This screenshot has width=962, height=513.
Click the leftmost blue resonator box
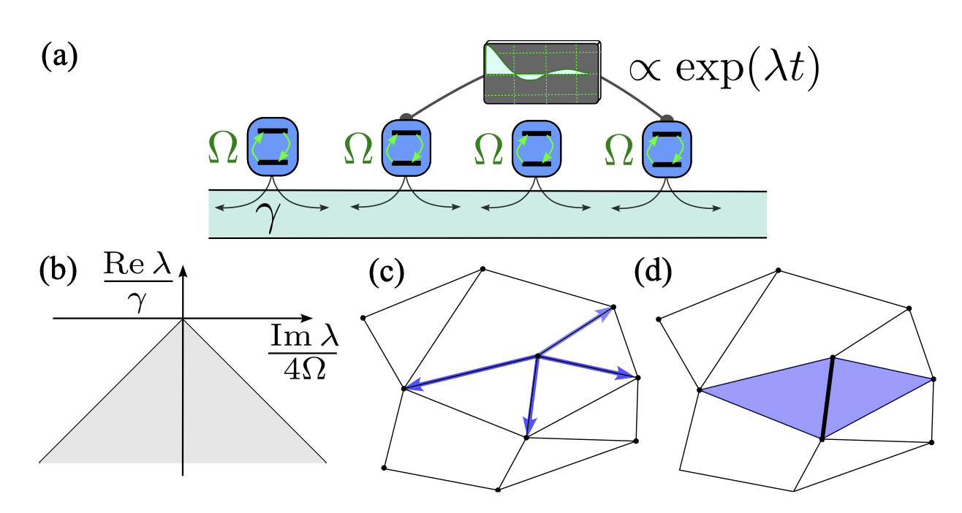[271, 147]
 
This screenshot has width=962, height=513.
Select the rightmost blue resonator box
[666, 147]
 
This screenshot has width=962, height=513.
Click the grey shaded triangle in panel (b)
[183, 409]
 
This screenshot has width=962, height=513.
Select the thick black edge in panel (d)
[827, 398]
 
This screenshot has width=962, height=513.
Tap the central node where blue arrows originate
[538, 357]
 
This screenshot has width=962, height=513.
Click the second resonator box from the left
[404, 147]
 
